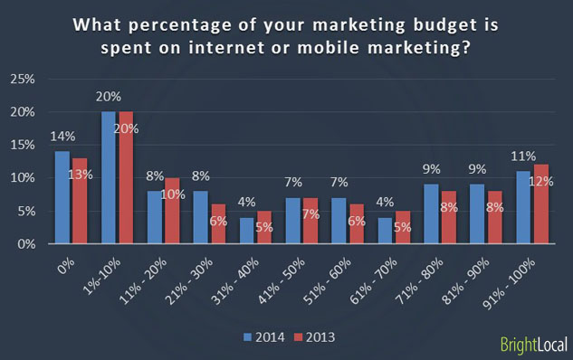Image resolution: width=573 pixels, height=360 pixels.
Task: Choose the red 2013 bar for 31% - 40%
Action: tap(263, 227)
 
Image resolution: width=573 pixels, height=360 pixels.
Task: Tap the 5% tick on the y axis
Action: tap(24, 211)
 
